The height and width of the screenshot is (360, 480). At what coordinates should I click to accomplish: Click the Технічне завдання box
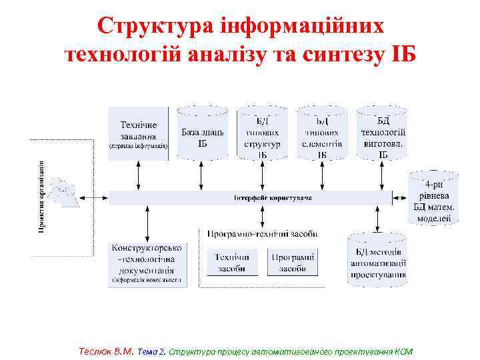[139, 133]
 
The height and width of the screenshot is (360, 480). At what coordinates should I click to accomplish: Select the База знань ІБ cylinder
[202, 133]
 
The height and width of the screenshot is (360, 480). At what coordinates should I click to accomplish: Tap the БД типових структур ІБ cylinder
[262, 133]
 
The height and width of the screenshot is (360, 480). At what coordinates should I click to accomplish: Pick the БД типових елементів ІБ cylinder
[322, 133]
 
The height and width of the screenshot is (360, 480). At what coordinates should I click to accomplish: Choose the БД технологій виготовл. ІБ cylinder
[383, 133]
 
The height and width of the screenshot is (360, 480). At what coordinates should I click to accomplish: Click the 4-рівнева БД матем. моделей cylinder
[434, 198]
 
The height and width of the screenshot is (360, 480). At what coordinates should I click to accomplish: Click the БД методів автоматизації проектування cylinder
[377, 262]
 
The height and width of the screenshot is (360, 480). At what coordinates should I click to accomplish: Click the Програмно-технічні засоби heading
[262, 234]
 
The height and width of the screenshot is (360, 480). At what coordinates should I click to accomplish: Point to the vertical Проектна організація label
[41, 197]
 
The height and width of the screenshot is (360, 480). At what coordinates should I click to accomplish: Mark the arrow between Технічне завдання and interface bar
[139, 175]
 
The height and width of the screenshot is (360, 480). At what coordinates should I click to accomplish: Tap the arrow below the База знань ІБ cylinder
[202, 175]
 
